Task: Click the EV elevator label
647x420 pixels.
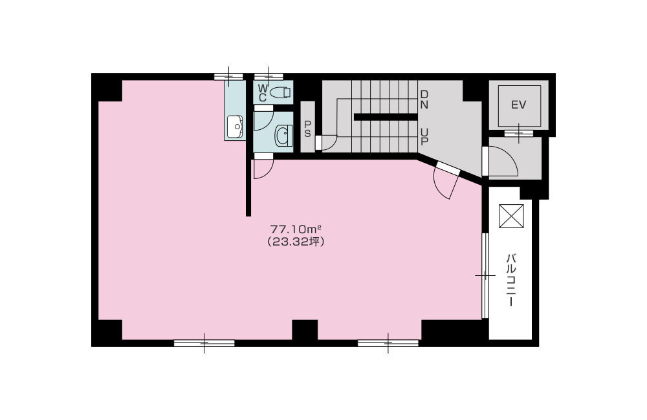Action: [x=519, y=105]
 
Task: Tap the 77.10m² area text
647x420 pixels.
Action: [x=296, y=229]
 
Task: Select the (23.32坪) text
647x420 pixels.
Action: [x=296, y=242]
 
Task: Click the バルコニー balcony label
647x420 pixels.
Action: [x=510, y=280]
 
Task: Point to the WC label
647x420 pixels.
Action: [x=263, y=92]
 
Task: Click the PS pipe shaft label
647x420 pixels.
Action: [x=307, y=129]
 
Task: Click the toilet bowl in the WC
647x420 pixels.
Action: [x=280, y=93]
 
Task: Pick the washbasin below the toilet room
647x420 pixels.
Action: [x=283, y=135]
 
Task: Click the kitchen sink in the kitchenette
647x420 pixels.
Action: [x=234, y=127]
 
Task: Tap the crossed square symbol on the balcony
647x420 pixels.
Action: [x=511, y=216]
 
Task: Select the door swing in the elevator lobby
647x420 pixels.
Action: [x=502, y=162]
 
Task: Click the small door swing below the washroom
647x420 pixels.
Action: [x=262, y=167]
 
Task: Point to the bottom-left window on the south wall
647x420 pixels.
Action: [x=204, y=343]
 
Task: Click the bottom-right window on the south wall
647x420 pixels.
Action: [x=388, y=343]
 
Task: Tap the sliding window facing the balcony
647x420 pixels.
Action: [x=485, y=276]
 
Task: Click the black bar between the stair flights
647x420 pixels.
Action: [x=385, y=117]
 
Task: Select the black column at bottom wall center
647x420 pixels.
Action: [x=304, y=330]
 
